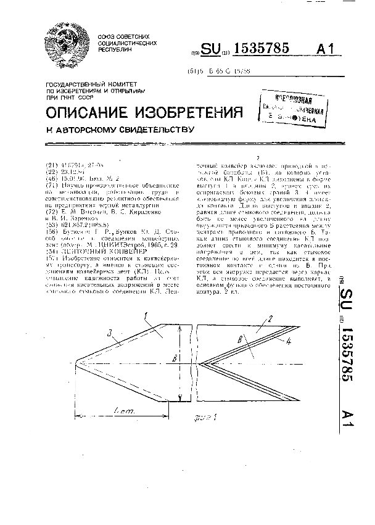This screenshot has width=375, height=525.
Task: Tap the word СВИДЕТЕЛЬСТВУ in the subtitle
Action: click(150, 130)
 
